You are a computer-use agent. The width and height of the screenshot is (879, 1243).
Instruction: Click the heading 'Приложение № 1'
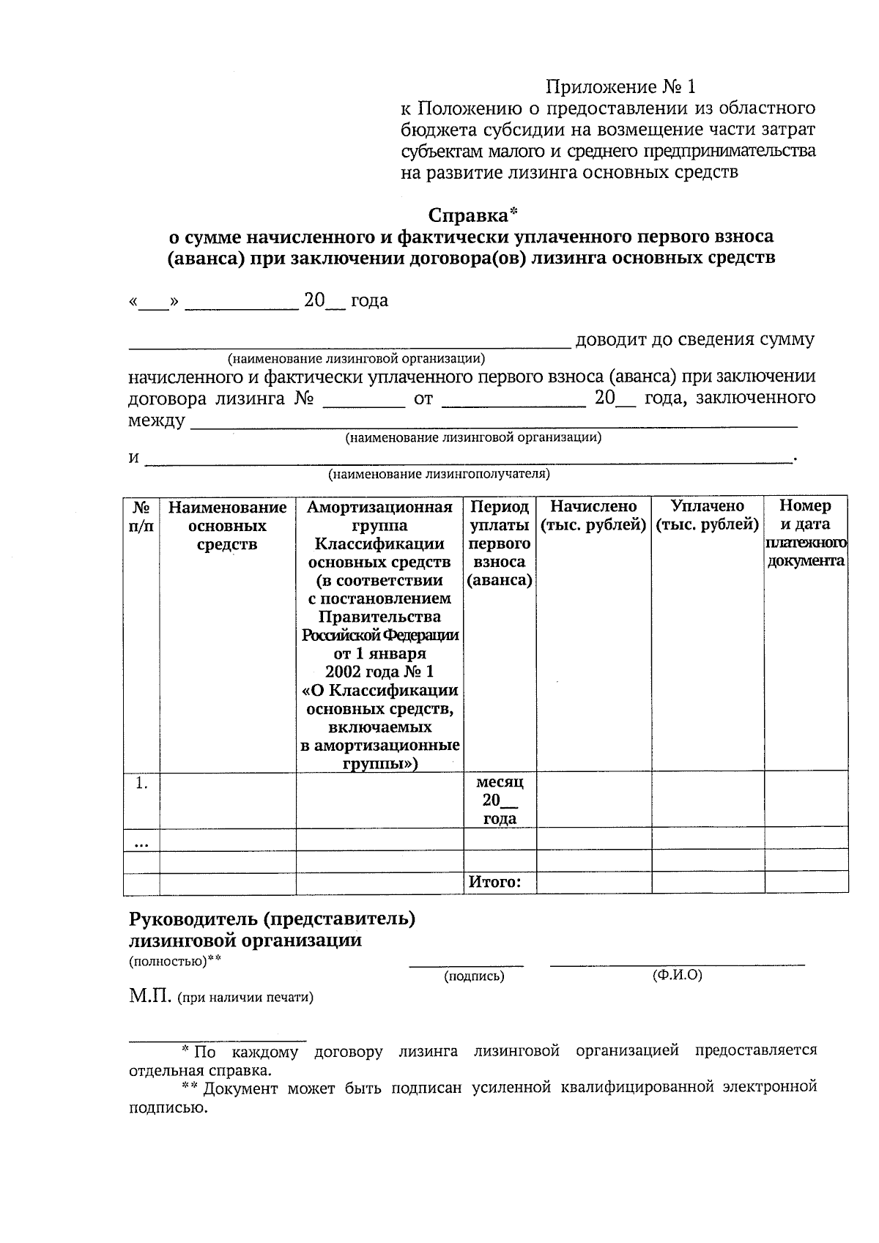620,87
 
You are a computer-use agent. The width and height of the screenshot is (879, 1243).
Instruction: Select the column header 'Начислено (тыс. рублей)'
593,516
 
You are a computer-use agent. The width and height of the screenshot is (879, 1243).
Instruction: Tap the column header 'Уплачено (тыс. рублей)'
707,516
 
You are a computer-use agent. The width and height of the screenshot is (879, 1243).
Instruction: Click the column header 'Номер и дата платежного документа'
805,533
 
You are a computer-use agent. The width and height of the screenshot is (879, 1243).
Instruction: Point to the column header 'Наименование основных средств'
227,526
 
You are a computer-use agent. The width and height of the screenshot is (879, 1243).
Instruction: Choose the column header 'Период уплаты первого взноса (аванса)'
500,543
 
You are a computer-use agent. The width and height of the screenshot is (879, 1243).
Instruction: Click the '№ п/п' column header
141,516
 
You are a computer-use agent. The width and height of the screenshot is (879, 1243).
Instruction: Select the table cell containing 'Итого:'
494,882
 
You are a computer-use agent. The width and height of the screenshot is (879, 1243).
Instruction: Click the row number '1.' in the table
141,783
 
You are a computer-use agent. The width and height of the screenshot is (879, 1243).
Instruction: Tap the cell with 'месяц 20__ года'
500,800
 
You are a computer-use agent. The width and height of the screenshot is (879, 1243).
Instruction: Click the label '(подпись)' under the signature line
474,976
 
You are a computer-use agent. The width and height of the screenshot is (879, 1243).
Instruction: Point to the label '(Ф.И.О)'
677,975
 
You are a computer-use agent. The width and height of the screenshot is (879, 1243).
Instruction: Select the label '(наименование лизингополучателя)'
439,474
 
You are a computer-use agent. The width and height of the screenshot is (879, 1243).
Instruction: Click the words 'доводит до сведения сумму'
694,339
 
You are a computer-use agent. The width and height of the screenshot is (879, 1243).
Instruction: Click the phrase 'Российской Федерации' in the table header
380,635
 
